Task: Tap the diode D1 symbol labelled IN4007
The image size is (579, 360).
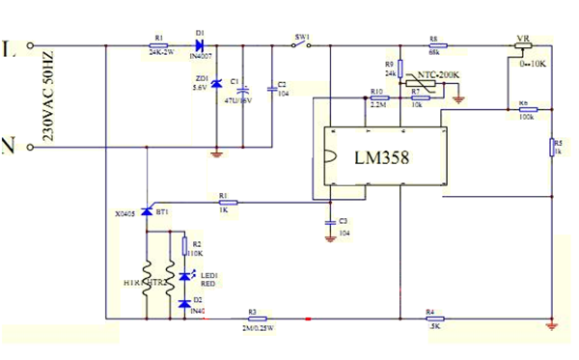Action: click(x=200, y=45)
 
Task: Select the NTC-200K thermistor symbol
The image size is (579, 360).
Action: click(x=422, y=84)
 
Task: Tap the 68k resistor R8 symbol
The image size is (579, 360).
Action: click(x=434, y=45)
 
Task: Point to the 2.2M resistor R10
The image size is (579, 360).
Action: click(x=376, y=97)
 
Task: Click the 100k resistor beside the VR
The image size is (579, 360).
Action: click(x=525, y=110)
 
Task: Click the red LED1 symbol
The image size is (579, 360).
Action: click(x=183, y=278)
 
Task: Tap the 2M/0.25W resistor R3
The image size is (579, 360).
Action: click(x=252, y=318)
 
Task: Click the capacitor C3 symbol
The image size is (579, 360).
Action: click(x=330, y=223)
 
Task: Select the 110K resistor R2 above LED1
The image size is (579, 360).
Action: click(x=183, y=247)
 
